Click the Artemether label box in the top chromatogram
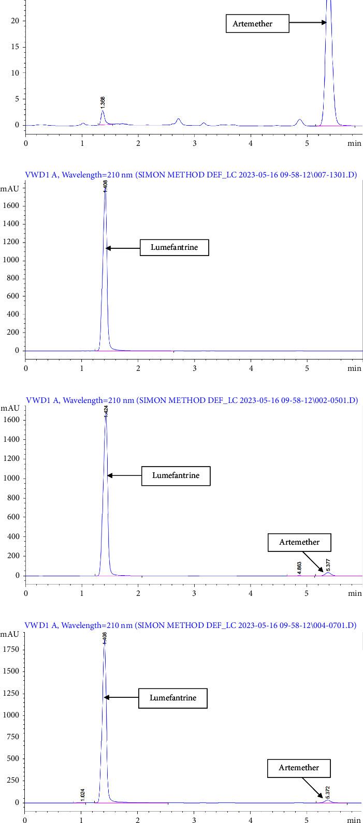tap(257, 24)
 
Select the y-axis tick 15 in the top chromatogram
tap(16, 47)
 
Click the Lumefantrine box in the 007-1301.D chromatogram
tap(175, 248)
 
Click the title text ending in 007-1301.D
tap(191, 175)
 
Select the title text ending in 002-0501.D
tap(191, 400)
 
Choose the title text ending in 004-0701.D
tap(191, 625)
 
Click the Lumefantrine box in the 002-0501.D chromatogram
tap(176, 475)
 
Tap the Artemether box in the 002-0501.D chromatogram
tap(299, 542)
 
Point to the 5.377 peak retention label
tap(328, 564)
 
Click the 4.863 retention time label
tap(299, 567)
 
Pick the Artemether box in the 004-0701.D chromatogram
tap(299, 768)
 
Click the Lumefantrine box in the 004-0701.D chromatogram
tap(173, 698)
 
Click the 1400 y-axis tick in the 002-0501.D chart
tap(11, 440)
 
